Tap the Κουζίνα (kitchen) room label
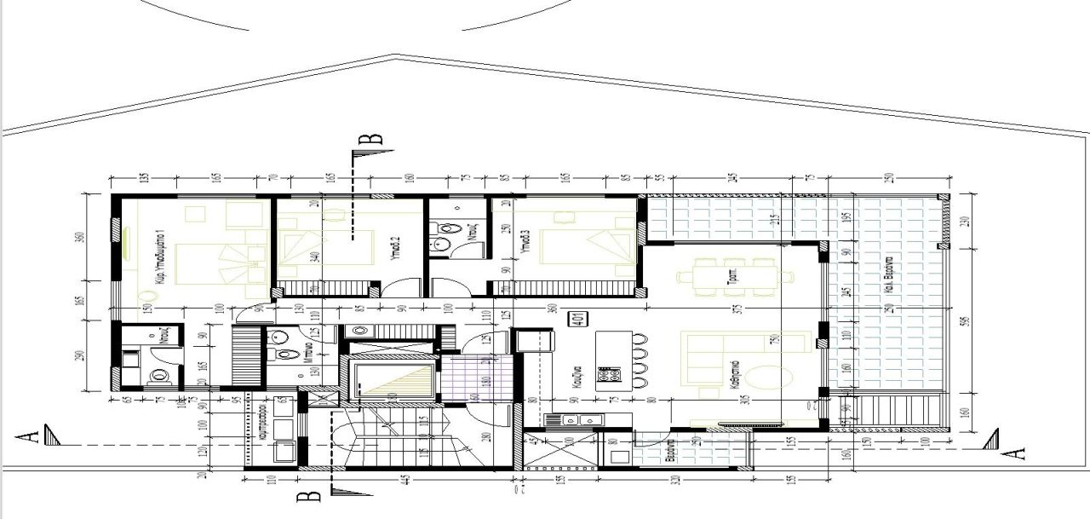pyautogui.click(x=577, y=376)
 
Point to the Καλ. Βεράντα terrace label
pyautogui.click(x=887, y=274)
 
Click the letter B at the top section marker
pyautogui.click(x=376, y=139)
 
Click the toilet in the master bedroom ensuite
pyautogui.click(x=158, y=376)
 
